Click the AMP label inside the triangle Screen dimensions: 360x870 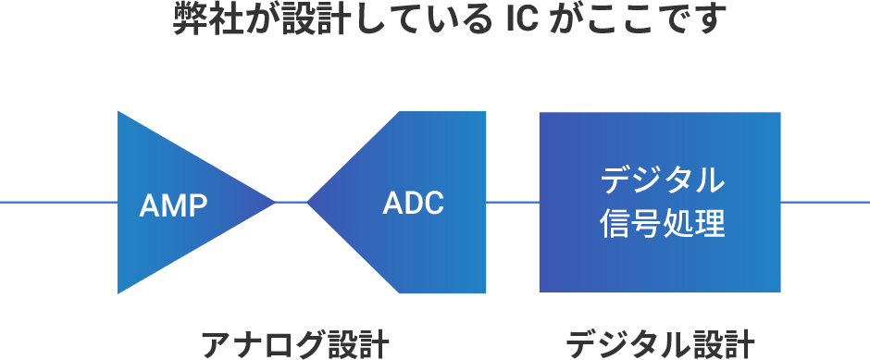(173, 205)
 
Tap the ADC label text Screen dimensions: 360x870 (413, 202)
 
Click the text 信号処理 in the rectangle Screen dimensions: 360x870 (661, 224)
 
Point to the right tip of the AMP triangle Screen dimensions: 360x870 (274, 202)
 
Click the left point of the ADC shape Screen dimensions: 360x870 (308, 202)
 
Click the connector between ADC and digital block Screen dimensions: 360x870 (513, 202)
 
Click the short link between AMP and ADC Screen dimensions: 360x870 (292, 202)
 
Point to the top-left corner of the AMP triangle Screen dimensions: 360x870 (118, 113)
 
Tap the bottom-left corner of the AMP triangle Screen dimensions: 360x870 (118, 292)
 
